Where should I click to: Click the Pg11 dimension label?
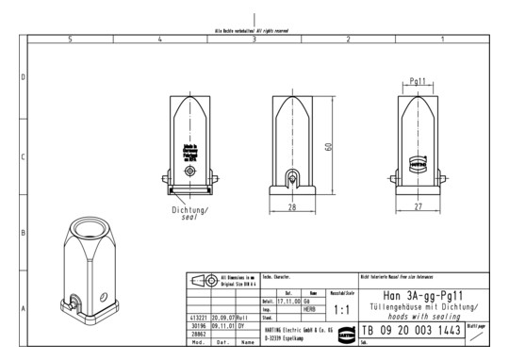pyautogui.click(x=421, y=82)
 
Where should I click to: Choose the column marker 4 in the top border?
pyautogui.click(x=160, y=39)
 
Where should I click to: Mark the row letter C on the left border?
pyautogui.click(x=23, y=157)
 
